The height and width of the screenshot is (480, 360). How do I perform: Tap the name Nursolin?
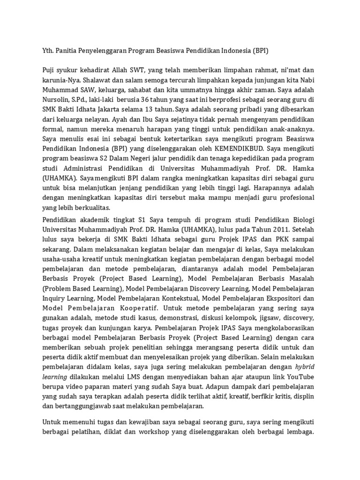(x=57, y=99)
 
